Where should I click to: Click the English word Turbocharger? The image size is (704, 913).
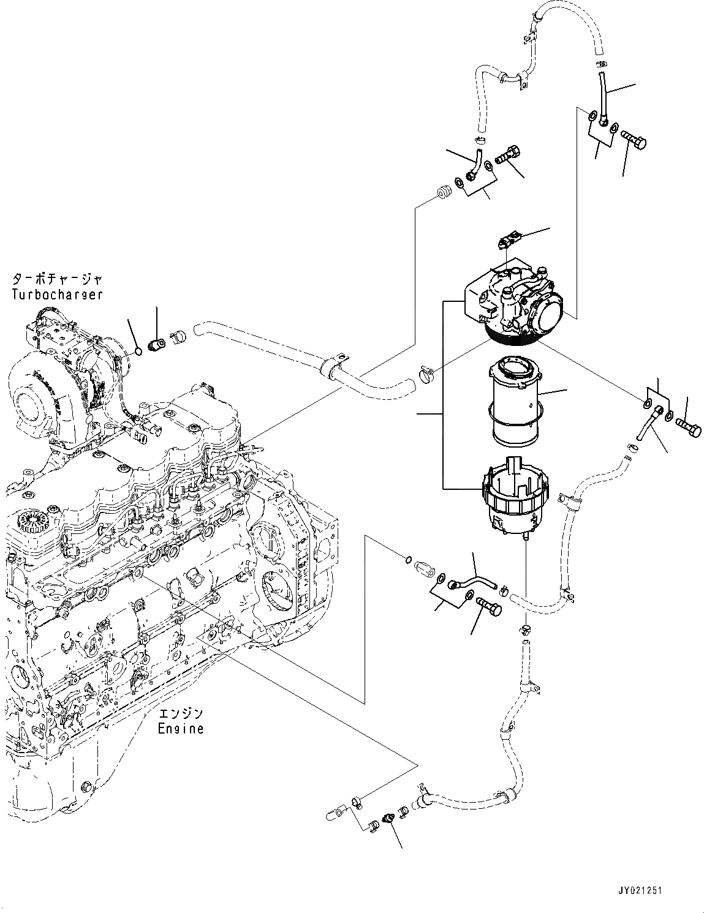pyautogui.click(x=57, y=294)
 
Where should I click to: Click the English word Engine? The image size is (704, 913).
pyautogui.click(x=181, y=729)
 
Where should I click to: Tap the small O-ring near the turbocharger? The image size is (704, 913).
pyautogui.click(x=139, y=351)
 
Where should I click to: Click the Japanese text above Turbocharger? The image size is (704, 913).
pyautogui.click(x=57, y=280)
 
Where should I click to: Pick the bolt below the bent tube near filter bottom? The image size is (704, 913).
pyautogui.click(x=488, y=608)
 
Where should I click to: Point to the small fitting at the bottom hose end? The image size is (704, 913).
pyautogui.click(x=388, y=819)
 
